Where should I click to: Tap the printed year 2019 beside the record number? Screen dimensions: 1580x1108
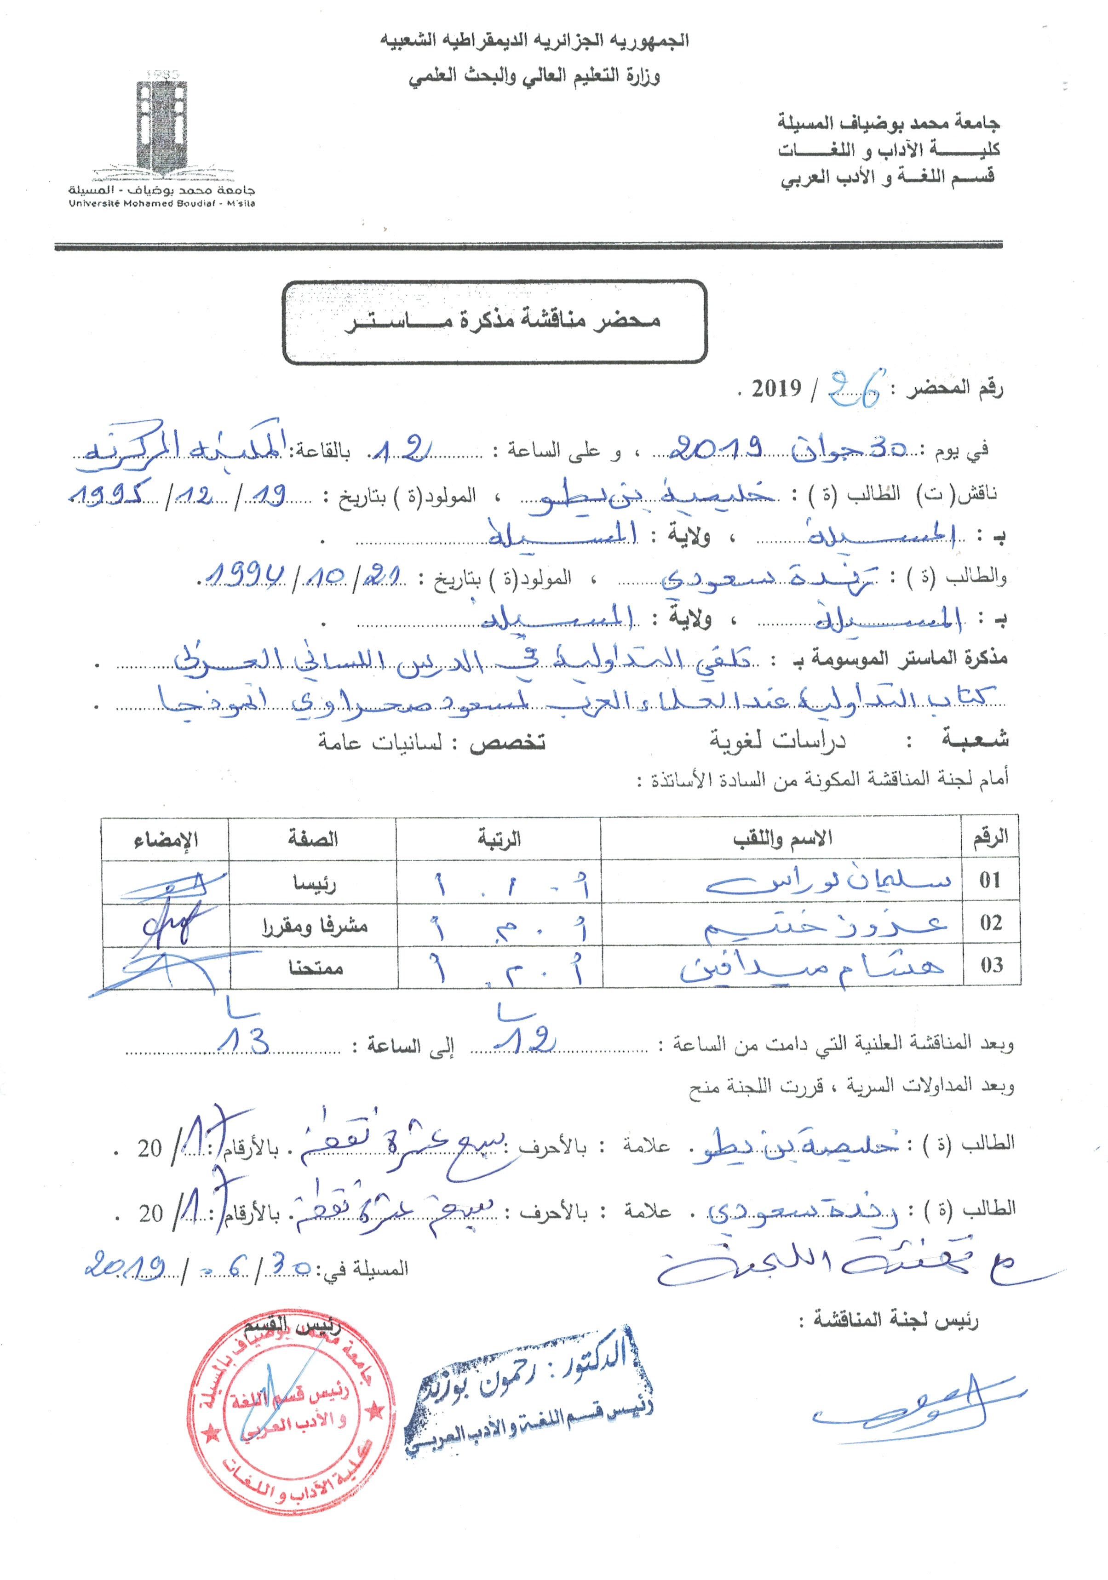pos(776,389)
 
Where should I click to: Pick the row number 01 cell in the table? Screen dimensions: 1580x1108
pos(990,880)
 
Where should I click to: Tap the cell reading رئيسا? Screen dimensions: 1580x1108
pos(314,883)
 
